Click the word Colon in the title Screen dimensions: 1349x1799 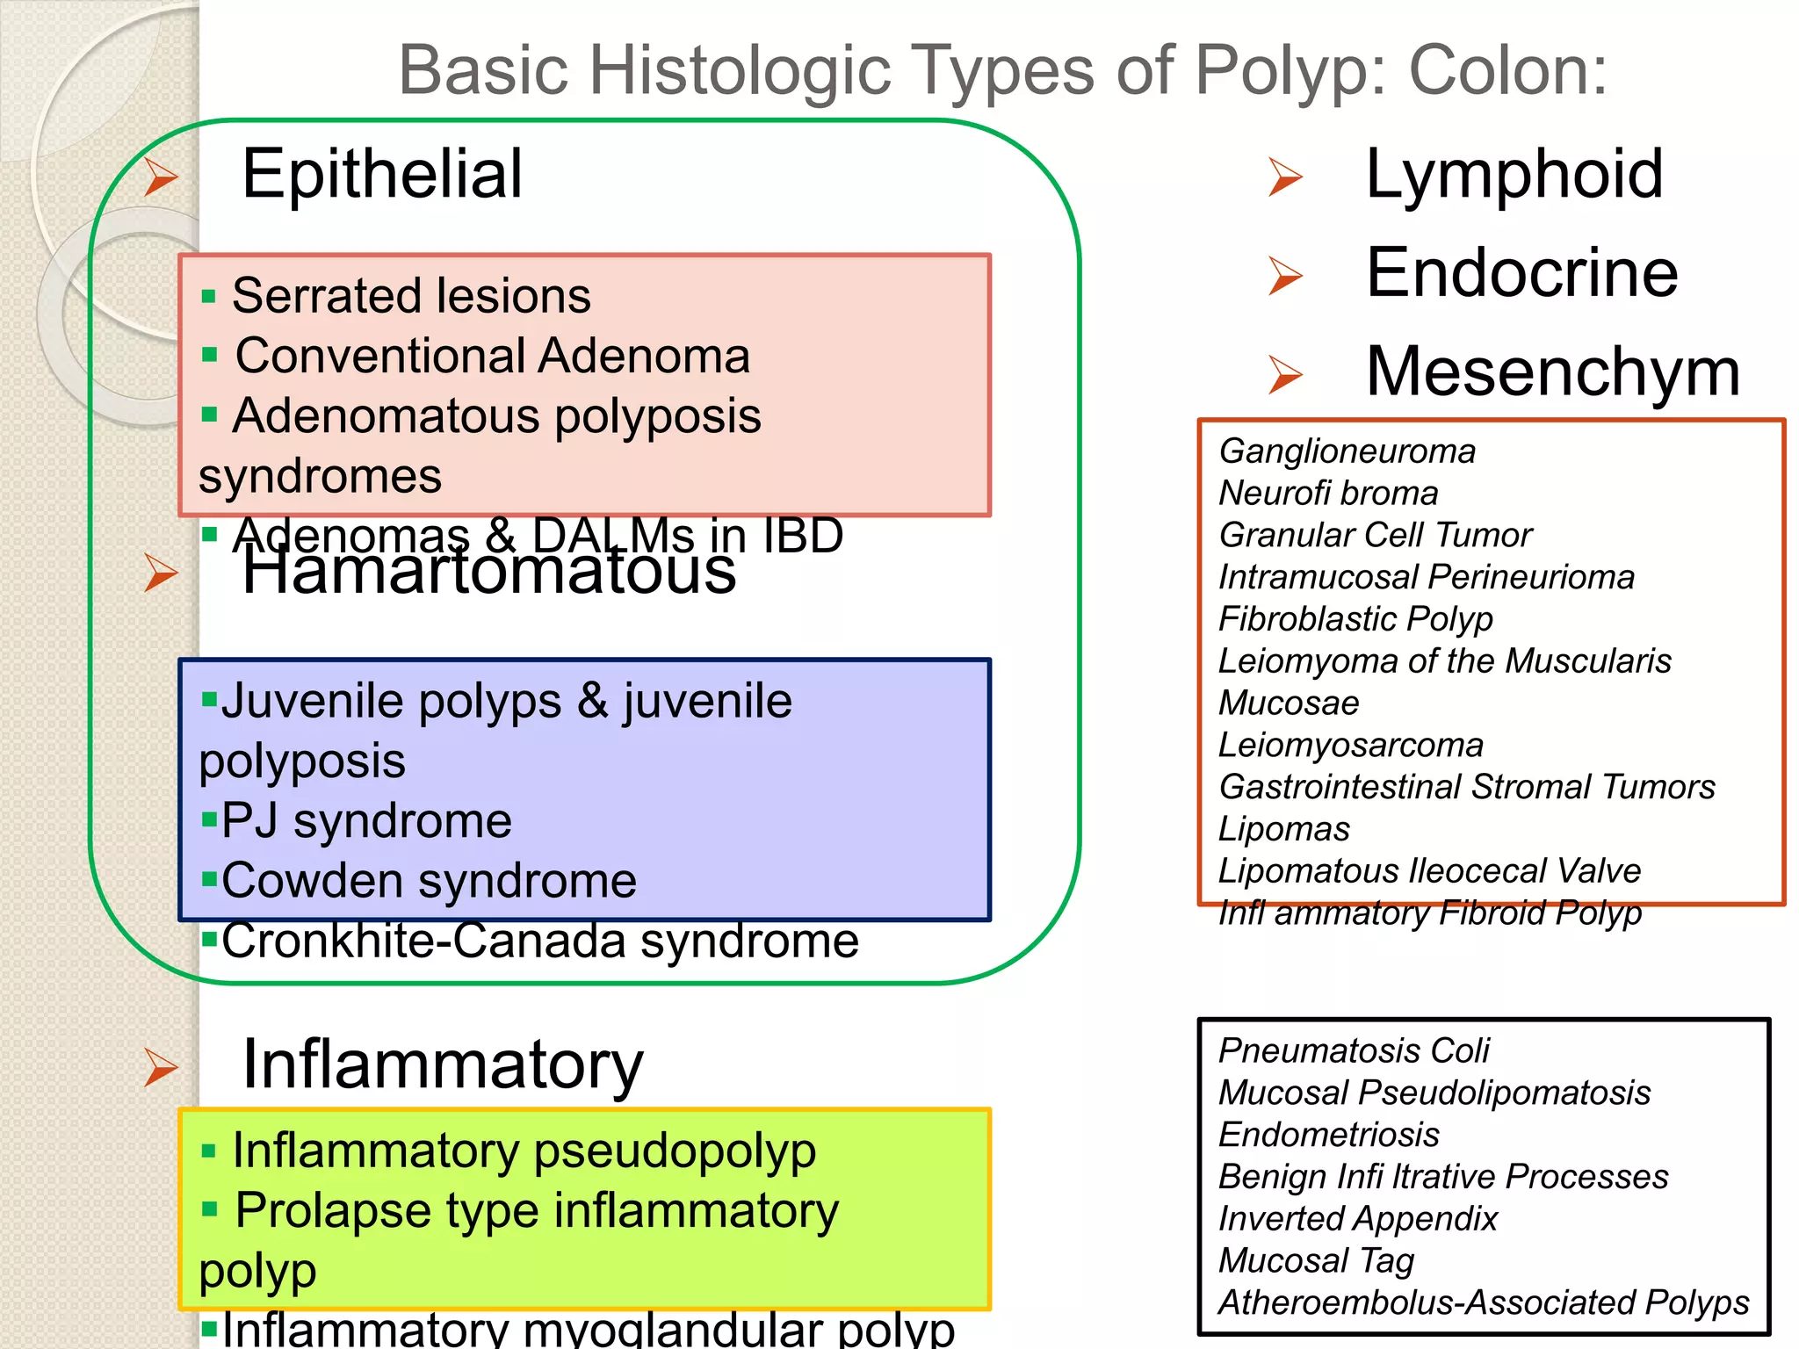tap(1506, 70)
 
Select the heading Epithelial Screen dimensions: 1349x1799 tap(382, 174)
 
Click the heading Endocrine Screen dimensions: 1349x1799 tap(1521, 273)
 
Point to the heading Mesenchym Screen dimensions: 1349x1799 tap(1552, 372)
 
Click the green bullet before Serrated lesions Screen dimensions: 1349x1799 tap(208, 296)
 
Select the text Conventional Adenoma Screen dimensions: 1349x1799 tap(492, 356)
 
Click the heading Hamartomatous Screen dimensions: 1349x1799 tap(488, 573)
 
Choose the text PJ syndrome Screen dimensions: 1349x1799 tap(365, 821)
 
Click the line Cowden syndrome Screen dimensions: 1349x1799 tap(428, 881)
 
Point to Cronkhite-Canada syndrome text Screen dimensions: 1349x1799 tap(539, 941)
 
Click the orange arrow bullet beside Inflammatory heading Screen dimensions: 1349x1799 tap(161, 1067)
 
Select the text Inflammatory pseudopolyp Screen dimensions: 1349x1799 tap(524, 1151)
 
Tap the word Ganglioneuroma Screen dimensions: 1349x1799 tap(1347, 451)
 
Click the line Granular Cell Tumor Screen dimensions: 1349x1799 tap(1375, 535)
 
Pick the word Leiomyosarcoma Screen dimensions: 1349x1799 tap(1350, 745)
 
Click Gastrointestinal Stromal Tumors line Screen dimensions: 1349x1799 tap(1466, 787)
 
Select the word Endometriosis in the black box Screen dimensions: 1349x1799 tap(1328, 1135)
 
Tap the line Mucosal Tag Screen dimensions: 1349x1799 tap(1316, 1260)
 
